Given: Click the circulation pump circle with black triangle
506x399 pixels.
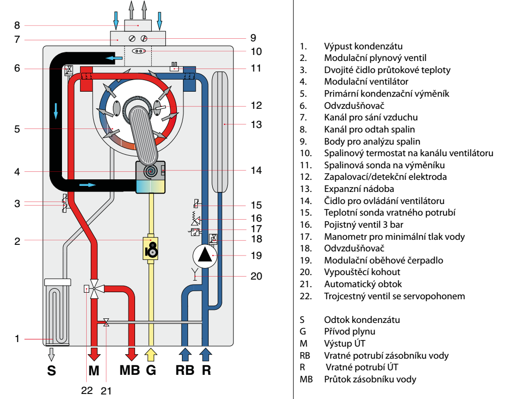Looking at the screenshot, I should point(205,256).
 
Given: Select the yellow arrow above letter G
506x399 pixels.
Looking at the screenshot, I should point(151,354).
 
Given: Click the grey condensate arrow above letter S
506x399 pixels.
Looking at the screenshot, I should point(51,354).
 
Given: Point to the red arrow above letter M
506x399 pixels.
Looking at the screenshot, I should point(94,354).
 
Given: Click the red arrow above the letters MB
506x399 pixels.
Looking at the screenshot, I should point(132,354).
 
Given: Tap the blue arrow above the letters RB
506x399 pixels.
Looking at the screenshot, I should point(185,354).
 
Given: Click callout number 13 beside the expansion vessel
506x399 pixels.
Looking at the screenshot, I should point(257,124).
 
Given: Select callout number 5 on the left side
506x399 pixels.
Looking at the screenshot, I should point(17,129).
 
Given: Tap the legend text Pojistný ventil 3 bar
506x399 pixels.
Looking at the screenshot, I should point(362,225).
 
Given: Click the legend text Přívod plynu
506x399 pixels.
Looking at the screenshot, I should point(349,331).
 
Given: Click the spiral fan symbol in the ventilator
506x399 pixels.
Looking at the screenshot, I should point(150,171).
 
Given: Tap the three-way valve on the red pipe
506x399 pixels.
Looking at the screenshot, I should point(94,289).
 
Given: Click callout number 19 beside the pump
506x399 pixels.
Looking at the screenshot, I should point(257,255).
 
